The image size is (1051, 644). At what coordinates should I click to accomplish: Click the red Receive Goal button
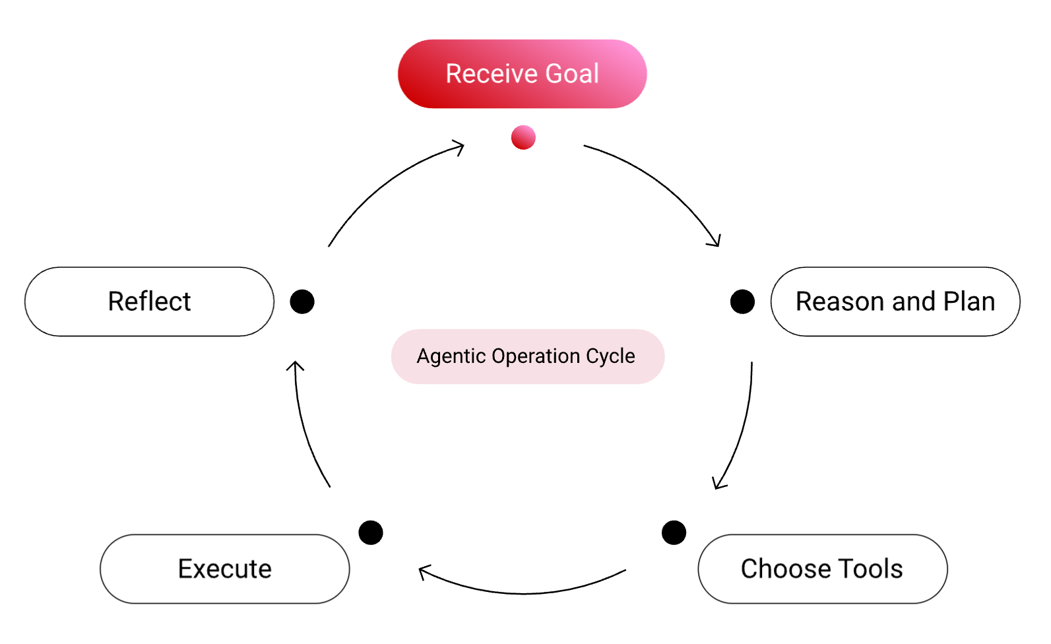pos(522,74)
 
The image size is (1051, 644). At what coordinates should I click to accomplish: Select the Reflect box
pos(149,302)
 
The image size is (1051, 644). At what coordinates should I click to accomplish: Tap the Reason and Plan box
pos(895,302)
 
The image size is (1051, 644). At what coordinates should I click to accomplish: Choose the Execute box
pos(224,569)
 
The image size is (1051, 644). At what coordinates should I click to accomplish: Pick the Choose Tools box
pos(822,569)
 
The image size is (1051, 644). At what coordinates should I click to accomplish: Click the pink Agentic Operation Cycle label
pos(527,356)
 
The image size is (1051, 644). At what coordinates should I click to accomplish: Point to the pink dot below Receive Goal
pos(523,137)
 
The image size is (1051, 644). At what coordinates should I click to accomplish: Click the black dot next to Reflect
pos(302,302)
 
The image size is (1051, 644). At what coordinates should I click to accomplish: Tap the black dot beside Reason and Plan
pos(742,302)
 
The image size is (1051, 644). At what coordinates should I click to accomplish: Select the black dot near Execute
pos(371,532)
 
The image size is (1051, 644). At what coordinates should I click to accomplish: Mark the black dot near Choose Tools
pos(674,532)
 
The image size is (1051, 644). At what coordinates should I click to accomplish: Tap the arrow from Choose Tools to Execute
pos(525,593)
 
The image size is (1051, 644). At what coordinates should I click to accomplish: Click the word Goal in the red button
pos(572,74)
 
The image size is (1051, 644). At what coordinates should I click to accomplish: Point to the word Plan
pos(969,302)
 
